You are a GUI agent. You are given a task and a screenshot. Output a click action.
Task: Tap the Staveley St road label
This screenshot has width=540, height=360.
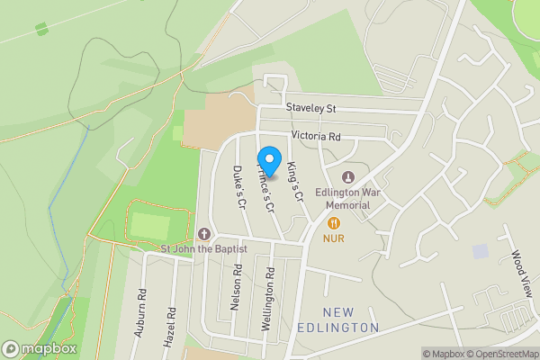click(310, 108)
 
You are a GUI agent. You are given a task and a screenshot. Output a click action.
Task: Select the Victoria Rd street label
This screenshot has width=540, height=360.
click(315, 137)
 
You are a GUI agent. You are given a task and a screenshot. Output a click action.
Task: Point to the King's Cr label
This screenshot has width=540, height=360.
click(294, 180)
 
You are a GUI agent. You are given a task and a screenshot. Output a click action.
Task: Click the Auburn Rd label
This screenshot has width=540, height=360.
click(141, 311)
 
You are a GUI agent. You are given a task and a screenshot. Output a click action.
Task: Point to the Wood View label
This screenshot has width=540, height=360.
click(519, 271)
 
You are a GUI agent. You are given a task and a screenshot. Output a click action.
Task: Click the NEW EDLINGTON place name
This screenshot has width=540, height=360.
click(337, 319)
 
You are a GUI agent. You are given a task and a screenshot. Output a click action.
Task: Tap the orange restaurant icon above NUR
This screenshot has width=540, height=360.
click(333, 222)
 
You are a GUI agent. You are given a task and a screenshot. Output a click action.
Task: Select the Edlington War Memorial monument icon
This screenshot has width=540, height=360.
click(348, 175)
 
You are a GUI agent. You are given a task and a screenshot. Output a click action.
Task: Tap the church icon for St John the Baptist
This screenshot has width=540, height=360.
click(204, 233)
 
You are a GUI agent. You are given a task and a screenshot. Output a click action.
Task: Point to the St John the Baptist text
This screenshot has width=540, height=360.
click(204, 249)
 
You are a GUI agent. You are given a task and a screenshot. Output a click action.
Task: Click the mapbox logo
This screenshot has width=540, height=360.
click(39, 348)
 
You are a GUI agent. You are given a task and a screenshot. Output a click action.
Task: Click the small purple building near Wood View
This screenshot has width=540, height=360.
click(480, 250)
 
